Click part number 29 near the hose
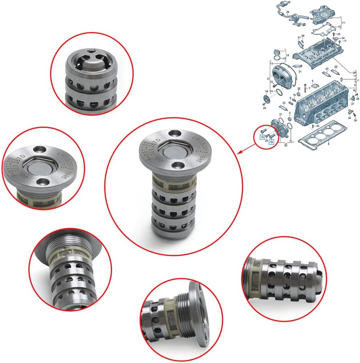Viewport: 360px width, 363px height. pos(287,12)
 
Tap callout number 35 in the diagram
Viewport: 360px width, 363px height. pos(339,34)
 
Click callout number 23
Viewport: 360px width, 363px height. pos(327,68)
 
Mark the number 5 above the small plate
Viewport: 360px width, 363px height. pos(312,81)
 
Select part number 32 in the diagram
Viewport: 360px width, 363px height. pos(299,88)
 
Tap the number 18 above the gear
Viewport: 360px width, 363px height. pos(267,91)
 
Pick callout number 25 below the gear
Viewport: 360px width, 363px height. pos(264,108)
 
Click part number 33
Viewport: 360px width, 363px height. pos(284,104)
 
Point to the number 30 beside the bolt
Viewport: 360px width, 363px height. pos(317,126)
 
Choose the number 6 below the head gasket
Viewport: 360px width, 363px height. pos(329,145)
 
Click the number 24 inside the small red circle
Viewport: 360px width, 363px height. pos(267,140)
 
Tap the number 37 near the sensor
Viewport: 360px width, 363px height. pos(352,104)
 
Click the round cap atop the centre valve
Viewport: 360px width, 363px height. pos(170,152)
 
